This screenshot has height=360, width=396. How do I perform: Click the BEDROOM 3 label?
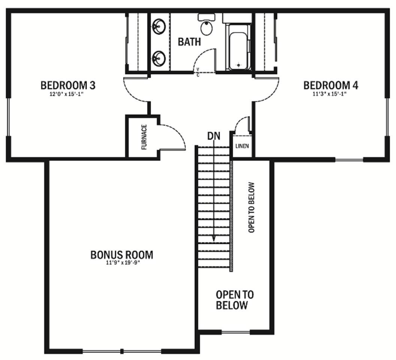click(68, 85)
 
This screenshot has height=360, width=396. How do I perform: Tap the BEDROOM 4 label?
click(330, 85)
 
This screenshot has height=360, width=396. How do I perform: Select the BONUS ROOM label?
click(122, 255)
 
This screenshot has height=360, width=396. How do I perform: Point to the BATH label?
click(190, 42)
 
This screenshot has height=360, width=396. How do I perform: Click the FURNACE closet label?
click(144, 137)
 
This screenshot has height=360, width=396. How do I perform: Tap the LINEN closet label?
click(242, 146)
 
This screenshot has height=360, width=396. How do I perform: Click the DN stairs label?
click(214, 136)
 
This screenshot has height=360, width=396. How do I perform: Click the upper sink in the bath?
click(158, 26)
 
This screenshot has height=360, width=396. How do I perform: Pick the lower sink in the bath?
click(158, 58)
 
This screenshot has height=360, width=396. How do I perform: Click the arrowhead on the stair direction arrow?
click(214, 238)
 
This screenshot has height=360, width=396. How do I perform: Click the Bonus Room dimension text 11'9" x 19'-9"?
click(123, 262)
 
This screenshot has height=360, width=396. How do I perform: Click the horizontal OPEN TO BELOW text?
click(235, 300)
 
